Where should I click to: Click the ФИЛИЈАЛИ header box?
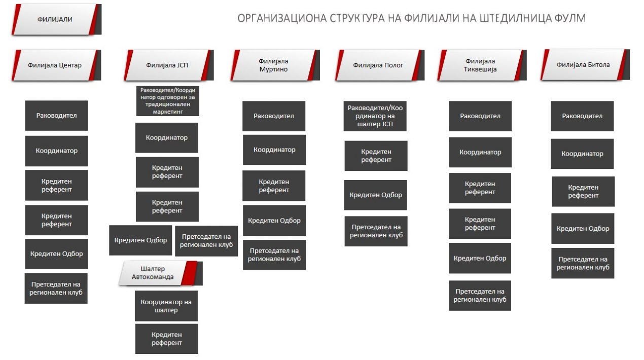(56, 20)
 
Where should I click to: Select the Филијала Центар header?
(56, 65)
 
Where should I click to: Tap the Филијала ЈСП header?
(169, 65)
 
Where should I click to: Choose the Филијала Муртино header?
(275, 65)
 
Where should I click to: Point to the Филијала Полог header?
(380, 65)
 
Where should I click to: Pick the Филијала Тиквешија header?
(482, 65)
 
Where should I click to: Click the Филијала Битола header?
(585, 65)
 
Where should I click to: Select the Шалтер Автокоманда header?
(160, 273)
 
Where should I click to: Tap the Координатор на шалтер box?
(166, 306)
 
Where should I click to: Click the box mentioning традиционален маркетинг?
(168, 101)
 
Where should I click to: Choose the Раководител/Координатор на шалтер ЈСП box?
(375, 116)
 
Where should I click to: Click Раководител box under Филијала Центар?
(56, 116)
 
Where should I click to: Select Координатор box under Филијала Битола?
(582, 154)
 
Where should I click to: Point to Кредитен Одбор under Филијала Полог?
(375, 195)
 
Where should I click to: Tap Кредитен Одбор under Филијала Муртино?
(274, 221)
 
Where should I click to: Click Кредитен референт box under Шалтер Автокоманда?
(167, 339)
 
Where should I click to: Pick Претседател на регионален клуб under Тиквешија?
(480, 296)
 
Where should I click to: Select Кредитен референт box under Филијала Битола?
(583, 192)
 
